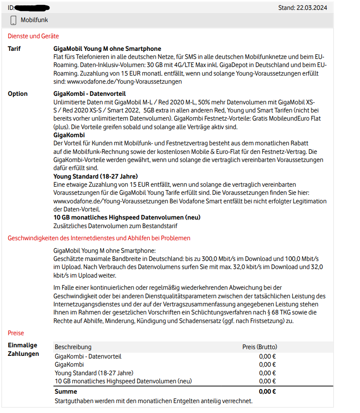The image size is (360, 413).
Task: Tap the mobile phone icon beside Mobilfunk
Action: click(13, 20)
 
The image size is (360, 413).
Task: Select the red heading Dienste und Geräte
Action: click(33, 36)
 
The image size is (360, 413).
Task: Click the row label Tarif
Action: click(14, 49)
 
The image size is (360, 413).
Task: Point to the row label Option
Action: click(18, 94)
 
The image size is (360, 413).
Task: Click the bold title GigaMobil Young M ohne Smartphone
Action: click(107, 49)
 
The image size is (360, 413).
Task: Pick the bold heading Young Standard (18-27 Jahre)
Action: click(95, 176)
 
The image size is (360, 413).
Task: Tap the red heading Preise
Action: click(16, 333)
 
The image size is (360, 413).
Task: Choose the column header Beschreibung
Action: click(73, 347)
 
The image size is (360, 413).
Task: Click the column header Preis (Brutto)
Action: click(260, 347)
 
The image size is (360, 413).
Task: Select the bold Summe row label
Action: click(66, 391)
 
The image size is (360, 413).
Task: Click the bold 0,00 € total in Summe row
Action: click(267, 391)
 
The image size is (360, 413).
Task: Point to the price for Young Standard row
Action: click(267, 373)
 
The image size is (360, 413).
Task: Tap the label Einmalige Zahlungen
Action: click(23, 350)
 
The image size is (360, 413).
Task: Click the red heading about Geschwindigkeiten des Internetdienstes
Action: click(99, 238)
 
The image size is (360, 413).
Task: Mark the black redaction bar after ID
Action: click(32, 8)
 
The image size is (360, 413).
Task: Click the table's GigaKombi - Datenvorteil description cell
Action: click(88, 356)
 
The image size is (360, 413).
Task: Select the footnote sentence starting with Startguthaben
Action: click(153, 400)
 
